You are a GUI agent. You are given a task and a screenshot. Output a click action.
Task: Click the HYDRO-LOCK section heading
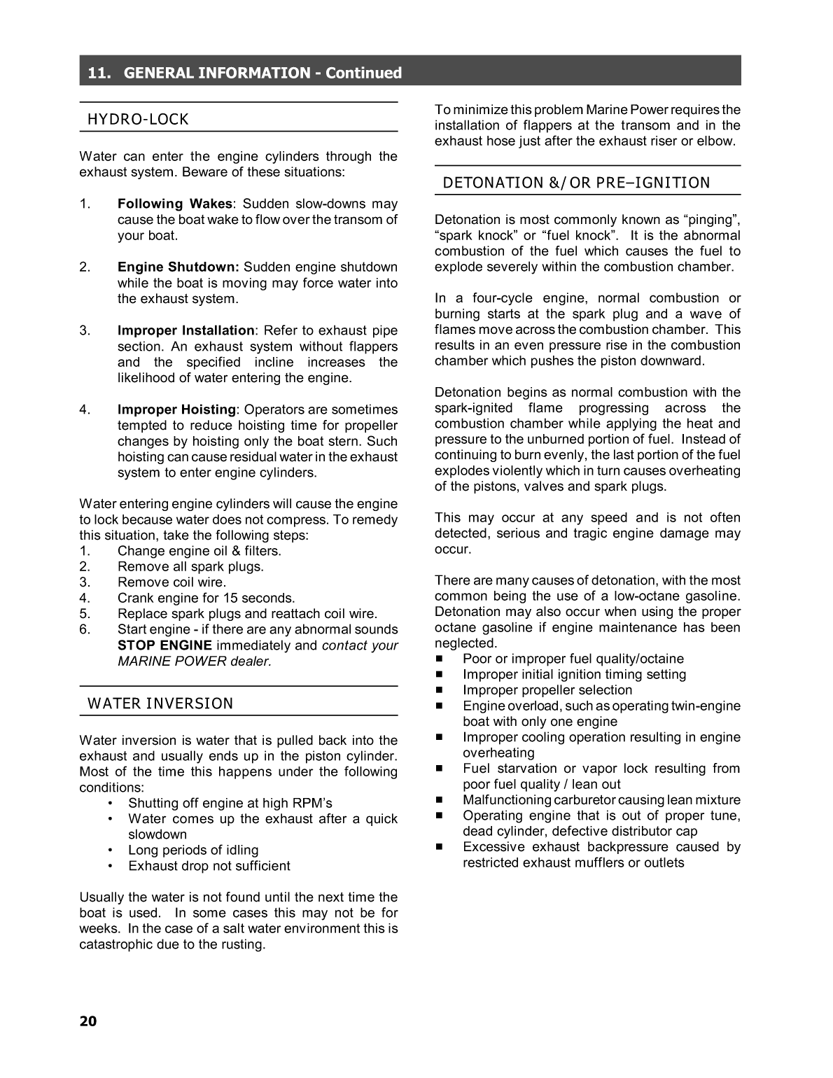coord(138,119)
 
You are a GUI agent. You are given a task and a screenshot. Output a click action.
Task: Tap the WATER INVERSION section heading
coord(160,703)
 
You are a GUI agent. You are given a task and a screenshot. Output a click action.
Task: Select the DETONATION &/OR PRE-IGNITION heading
coord(576,183)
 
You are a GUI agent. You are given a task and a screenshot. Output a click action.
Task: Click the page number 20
coord(88,1021)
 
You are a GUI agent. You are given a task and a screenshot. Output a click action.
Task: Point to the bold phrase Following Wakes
coord(174,204)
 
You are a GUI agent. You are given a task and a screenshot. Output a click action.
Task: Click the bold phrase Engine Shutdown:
coord(178,267)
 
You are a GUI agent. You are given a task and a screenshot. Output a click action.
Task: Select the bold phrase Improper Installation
coord(185,330)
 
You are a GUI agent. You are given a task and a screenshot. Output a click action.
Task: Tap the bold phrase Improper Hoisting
coord(176,409)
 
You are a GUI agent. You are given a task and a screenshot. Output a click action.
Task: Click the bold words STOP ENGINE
coord(164,645)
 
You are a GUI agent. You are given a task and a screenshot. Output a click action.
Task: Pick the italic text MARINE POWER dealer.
coord(194,661)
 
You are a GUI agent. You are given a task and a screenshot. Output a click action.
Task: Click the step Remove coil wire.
coord(171,582)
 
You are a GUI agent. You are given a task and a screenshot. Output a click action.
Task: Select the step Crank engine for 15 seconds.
coord(206,598)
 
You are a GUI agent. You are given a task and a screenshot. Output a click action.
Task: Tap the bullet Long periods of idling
coord(193,850)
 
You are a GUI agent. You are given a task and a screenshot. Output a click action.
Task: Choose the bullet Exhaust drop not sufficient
coord(209,866)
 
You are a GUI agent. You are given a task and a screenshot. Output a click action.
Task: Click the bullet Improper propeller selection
coord(547,690)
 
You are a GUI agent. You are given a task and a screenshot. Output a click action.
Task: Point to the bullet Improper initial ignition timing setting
coord(574,674)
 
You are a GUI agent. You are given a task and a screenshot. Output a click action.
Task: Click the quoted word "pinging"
coord(711,220)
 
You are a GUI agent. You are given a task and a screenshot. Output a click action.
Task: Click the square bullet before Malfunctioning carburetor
coord(440,800)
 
